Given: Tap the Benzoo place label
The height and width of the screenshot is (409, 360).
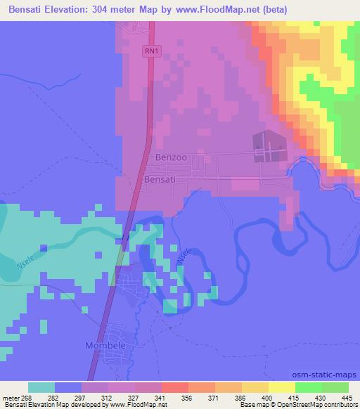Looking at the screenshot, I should [x=171, y=158].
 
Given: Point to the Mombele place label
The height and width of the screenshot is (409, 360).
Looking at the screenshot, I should [x=104, y=346].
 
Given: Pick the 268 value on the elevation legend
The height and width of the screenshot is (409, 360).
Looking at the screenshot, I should [x=28, y=397].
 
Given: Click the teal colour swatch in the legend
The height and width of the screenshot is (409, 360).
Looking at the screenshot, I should [x=41, y=387].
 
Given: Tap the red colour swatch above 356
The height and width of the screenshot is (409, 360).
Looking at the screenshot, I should [x=174, y=387].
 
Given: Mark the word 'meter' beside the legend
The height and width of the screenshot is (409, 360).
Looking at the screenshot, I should [x=12, y=397].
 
